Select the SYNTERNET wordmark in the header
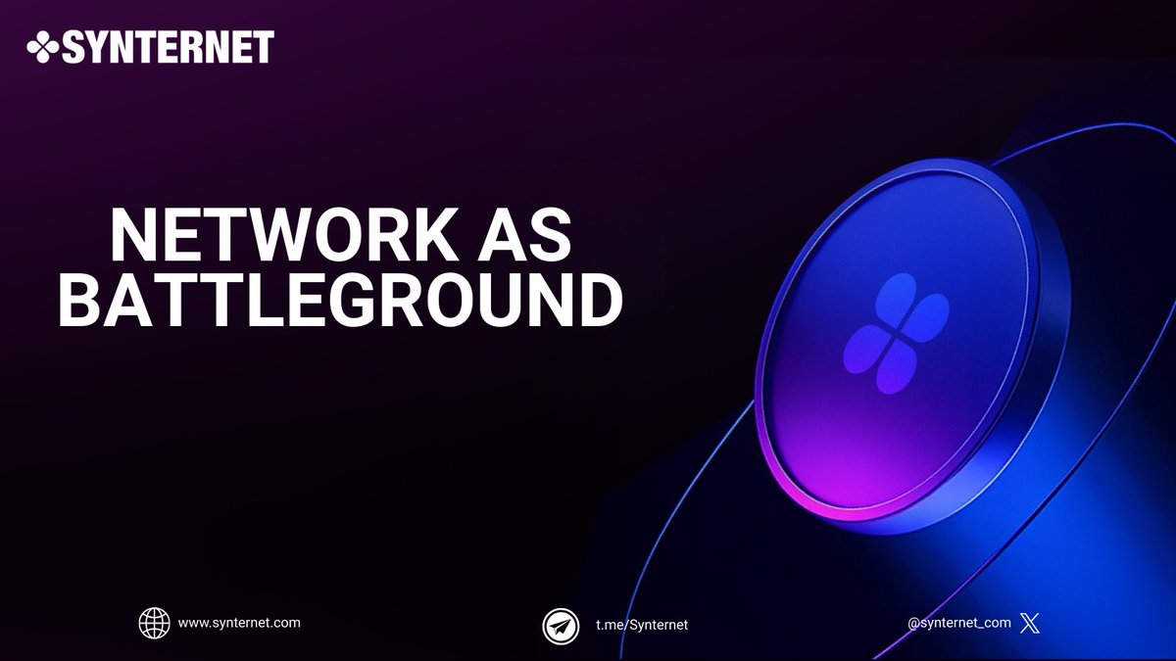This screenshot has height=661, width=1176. [x=168, y=46]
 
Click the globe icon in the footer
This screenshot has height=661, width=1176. [x=155, y=623]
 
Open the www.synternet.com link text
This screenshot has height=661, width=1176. [x=239, y=623]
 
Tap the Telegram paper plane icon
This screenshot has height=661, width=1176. [x=561, y=625]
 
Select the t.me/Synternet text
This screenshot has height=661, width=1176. [x=642, y=625]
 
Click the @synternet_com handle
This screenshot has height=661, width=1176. [x=958, y=623]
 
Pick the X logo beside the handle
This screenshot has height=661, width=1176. [x=1029, y=623]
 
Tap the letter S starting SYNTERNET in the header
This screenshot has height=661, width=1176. [x=75, y=46]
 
